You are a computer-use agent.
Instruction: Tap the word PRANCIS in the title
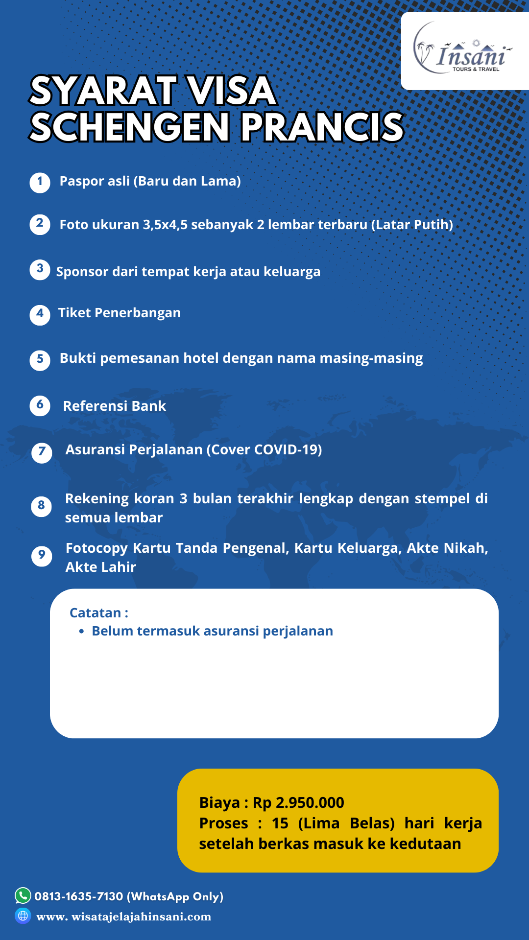pos(322,127)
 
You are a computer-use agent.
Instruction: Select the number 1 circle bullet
pos(40,183)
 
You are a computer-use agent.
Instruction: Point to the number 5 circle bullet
pos(40,360)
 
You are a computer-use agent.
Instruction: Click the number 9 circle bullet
pos(42,556)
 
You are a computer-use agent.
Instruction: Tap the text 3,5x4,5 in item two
pos(165,225)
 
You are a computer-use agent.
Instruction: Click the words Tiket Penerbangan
pos(120,313)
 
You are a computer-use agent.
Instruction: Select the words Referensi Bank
pos(115,406)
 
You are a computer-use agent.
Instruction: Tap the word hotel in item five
pos(201,358)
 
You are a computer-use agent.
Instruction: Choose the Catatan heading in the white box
pos(98,613)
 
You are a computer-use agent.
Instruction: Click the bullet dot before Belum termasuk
pos(82,632)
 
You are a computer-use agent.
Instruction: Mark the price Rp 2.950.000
pos(298,803)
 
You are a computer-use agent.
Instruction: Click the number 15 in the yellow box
pos(280,823)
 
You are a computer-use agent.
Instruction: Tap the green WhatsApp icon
pos(23,895)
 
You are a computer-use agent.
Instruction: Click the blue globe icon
pos(23,916)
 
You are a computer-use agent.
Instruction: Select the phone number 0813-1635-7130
pos(78,896)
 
